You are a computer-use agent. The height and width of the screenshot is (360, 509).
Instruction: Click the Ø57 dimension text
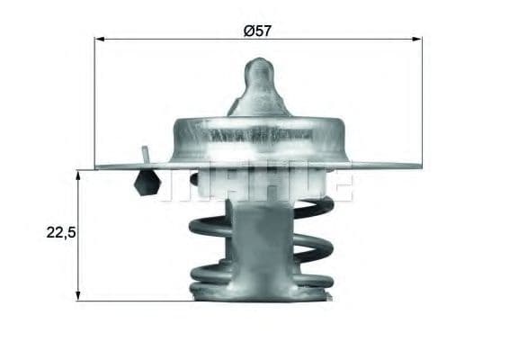(x=257, y=30)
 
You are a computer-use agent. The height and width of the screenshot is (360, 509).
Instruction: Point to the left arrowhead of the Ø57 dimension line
(x=98, y=40)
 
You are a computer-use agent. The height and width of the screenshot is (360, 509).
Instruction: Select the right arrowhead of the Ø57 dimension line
(x=418, y=40)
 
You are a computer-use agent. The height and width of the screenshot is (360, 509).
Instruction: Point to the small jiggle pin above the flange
(x=143, y=154)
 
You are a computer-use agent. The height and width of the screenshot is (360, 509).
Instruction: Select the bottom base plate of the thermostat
(x=261, y=290)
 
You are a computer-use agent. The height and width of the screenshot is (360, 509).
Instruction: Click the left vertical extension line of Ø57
(x=94, y=99)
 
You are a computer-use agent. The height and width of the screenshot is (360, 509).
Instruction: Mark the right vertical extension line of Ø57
(x=423, y=99)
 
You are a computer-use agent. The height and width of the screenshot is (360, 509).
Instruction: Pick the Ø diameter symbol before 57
(x=248, y=30)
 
